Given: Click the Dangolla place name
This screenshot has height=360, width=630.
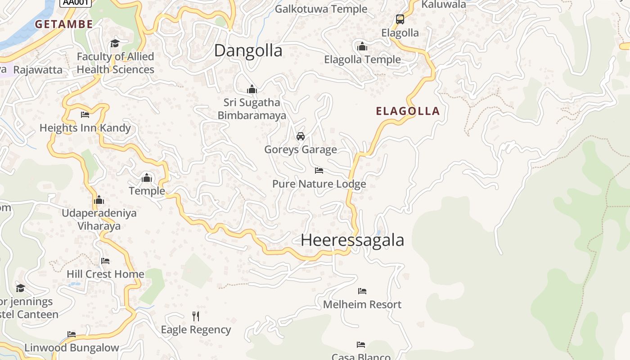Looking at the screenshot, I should (248, 50).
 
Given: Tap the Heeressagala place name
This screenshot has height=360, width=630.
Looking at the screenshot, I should (352, 240).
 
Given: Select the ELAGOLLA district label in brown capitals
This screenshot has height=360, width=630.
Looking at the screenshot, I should (408, 111).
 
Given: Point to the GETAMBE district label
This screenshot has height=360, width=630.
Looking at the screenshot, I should (64, 24).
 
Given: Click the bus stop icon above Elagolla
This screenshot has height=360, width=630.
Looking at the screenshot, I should (400, 19).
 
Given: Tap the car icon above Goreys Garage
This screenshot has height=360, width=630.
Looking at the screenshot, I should (301, 136).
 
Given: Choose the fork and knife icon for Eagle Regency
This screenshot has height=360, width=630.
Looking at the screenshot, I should (196, 316).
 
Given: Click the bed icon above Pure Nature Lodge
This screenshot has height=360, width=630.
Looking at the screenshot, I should (319, 171).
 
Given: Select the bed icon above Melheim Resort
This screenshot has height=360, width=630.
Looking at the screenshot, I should (362, 291).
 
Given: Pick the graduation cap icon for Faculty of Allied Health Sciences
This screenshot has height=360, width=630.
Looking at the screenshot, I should (115, 43).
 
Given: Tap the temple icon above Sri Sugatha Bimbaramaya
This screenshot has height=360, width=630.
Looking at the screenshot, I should (252, 89).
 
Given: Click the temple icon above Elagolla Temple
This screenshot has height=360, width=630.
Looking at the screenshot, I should (362, 46).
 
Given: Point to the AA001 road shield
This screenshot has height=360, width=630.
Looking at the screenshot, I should (76, 2).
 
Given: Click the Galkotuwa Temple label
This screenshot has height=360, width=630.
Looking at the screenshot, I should (321, 9).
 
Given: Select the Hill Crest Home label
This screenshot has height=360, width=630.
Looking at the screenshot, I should (105, 274).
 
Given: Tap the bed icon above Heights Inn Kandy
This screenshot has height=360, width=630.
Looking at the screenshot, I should (85, 115).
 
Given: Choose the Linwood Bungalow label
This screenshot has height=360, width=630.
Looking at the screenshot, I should (72, 348).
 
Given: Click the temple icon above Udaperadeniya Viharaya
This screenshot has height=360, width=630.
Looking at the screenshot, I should (99, 200).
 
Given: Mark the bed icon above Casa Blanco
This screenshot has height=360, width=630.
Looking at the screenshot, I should (361, 345).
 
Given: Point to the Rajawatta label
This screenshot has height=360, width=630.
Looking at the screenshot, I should (38, 70).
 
